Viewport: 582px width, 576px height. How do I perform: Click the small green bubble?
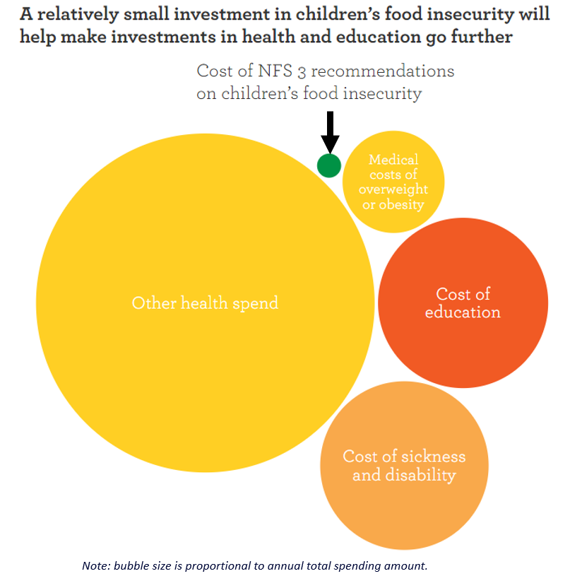[x=329, y=165]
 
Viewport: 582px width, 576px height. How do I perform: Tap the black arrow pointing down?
[x=330, y=132]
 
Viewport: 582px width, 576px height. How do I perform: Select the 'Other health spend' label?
[x=205, y=303]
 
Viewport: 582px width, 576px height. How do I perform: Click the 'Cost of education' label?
[x=463, y=303]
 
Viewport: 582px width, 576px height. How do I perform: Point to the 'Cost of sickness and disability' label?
[x=404, y=466]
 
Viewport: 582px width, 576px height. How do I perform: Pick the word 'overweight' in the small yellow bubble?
[x=393, y=190]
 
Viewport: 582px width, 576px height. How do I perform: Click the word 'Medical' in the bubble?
[x=393, y=160]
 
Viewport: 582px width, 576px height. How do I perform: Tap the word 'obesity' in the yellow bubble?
[x=402, y=205]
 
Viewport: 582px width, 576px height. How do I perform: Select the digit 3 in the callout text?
[x=302, y=72]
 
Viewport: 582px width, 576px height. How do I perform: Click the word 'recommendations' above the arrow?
[x=383, y=71]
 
